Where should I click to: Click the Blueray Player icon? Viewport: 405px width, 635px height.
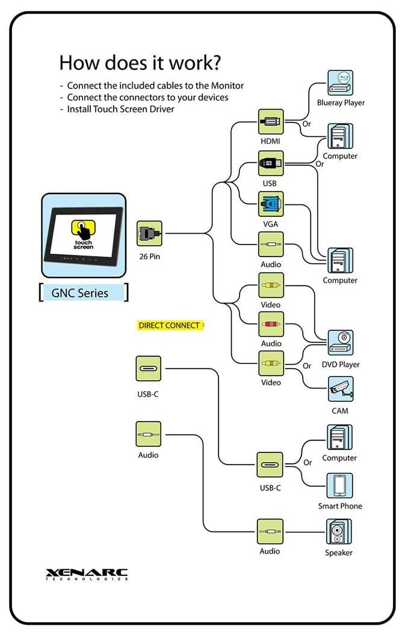pyautogui.click(x=340, y=83)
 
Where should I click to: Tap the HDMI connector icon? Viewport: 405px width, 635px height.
pyautogui.click(x=270, y=122)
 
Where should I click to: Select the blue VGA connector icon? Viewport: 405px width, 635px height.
pyautogui.click(x=270, y=205)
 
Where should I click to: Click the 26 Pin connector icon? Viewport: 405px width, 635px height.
pyautogui.click(x=149, y=233)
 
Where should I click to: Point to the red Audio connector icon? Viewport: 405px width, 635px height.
pyautogui.click(x=270, y=324)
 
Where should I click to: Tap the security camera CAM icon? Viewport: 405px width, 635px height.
pyautogui.click(x=340, y=390)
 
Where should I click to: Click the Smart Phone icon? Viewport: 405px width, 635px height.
pyautogui.click(x=340, y=486)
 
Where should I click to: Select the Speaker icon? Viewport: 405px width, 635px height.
pyautogui.click(x=339, y=532)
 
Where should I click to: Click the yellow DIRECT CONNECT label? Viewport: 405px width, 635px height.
pyautogui.click(x=169, y=325)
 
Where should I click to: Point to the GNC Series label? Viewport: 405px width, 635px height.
pyautogui.click(x=84, y=293)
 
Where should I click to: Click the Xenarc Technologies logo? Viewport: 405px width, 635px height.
pyautogui.click(x=87, y=574)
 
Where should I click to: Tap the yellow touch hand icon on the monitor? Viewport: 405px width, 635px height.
pyautogui.click(x=83, y=230)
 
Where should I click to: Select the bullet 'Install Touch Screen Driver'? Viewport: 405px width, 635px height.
pyautogui.click(x=120, y=109)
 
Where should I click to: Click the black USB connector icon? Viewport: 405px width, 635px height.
pyautogui.click(x=270, y=163)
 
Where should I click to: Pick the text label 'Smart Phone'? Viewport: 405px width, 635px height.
pyautogui.click(x=340, y=506)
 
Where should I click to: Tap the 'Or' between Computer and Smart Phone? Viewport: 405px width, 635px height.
pyautogui.click(x=308, y=463)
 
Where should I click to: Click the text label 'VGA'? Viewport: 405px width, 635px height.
pyautogui.click(x=270, y=224)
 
